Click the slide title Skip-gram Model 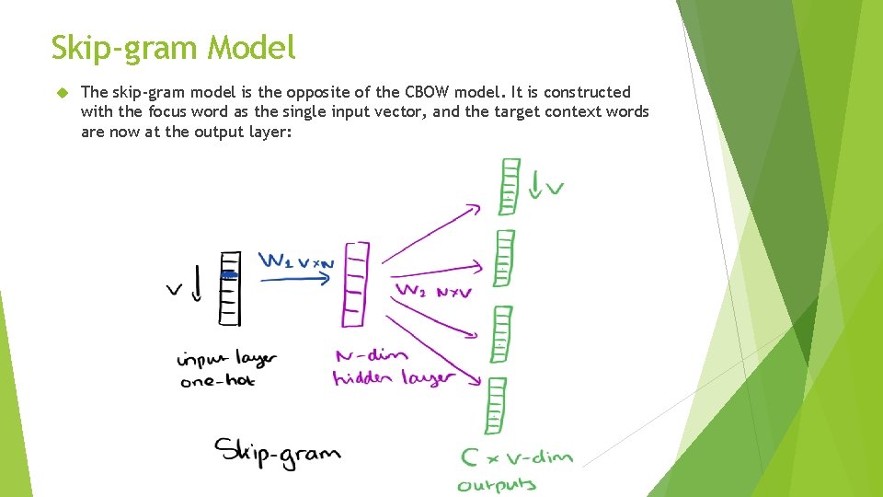pyautogui.click(x=174, y=47)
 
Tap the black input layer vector pyautogui.click(x=230, y=287)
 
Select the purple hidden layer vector pyautogui.click(x=355, y=283)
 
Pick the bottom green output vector pyautogui.click(x=497, y=405)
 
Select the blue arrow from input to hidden pyautogui.click(x=292, y=278)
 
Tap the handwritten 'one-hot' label pyautogui.click(x=218, y=380)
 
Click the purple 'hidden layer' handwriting pyautogui.click(x=394, y=377)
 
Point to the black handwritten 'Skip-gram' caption pyautogui.click(x=277, y=452)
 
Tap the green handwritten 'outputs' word pyautogui.click(x=497, y=483)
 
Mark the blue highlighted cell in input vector pyautogui.click(x=229, y=274)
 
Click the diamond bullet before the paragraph pyautogui.click(x=63, y=93)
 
